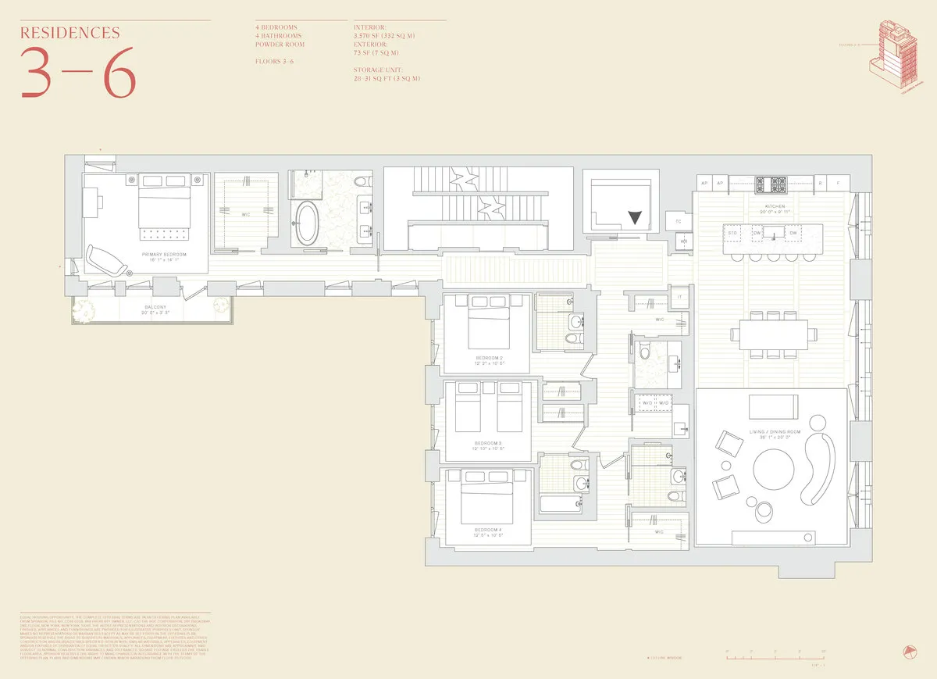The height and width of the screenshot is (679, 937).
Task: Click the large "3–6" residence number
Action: (x=77, y=73)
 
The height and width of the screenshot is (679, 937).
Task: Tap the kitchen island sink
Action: (x=775, y=233)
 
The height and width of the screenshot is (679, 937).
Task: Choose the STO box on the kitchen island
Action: (x=733, y=233)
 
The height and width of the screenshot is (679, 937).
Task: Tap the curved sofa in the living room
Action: (x=823, y=465)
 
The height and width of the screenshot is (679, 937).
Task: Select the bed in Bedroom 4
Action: (x=486, y=501)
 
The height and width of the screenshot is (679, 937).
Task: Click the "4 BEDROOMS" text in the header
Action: (x=278, y=27)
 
